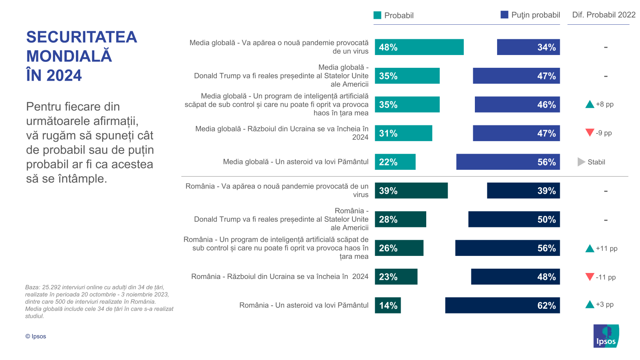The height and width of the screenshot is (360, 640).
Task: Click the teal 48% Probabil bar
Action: tap(419, 47)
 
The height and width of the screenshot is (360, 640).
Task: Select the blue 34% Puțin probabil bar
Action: tap(528, 47)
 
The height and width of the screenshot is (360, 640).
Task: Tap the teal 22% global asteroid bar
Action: tap(395, 162)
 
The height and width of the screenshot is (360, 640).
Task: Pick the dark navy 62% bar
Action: tap(502, 305)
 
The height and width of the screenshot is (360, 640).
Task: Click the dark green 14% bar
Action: tap(388, 305)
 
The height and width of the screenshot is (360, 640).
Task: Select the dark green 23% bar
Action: tap(396, 277)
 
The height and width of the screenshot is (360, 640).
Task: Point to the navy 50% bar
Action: tap(514, 220)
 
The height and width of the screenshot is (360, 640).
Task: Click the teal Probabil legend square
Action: tap(377, 15)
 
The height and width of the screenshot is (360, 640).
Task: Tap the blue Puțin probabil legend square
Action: tap(504, 15)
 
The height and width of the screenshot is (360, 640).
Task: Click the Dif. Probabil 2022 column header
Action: tap(604, 15)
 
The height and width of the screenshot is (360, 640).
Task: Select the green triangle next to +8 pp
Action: tap(590, 105)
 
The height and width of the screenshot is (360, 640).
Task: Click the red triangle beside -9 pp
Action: tap(590, 133)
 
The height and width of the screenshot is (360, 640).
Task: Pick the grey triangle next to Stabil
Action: tap(581, 162)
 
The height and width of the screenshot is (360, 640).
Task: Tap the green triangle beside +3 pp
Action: tap(590, 305)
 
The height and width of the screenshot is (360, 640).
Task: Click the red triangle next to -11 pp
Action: tap(590, 277)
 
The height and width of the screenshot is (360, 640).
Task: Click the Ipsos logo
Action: tap(606, 336)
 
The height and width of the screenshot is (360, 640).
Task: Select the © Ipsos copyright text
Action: tap(36, 337)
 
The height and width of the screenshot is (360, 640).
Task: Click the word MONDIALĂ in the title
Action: tap(69, 56)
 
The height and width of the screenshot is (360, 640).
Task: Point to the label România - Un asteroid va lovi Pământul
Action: tap(304, 305)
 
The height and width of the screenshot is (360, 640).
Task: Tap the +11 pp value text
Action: tap(607, 249)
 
